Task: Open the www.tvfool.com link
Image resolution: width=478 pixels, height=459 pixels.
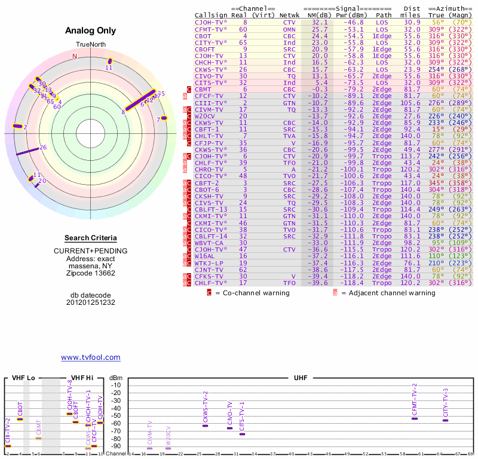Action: pyautogui.click(x=91, y=357)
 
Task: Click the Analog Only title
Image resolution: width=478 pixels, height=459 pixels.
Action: pyautogui.click(x=91, y=31)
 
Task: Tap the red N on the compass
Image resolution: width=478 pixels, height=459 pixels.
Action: pyautogui.click(x=75, y=56)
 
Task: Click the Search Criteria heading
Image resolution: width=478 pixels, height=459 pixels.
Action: pyautogui.click(x=91, y=237)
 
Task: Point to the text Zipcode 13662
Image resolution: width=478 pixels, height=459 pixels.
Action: pyautogui.click(x=91, y=273)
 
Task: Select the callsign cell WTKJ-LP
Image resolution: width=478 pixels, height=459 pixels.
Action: pyautogui.click(x=209, y=262)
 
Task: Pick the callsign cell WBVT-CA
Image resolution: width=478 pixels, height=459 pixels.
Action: pyautogui.click(x=209, y=243)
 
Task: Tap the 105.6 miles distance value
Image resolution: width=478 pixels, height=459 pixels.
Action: pyautogui.click(x=410, y=103)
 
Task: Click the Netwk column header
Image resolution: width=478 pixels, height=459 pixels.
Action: pyautogui.click(x=289, y=15)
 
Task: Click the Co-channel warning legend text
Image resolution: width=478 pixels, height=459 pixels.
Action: pyautogui.click(x=252, y=293)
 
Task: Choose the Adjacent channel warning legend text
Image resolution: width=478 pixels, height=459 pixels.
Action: pyautogui.click(x=388, y=293)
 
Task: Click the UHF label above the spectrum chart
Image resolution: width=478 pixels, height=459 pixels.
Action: pyautogui.click(x=301, y=378)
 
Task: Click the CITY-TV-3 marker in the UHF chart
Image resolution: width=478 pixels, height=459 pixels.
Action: pyautogui.click(x=445, y=420)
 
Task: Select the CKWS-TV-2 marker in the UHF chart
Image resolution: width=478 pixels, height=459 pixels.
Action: pyautogui.click(x=205, y=425)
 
